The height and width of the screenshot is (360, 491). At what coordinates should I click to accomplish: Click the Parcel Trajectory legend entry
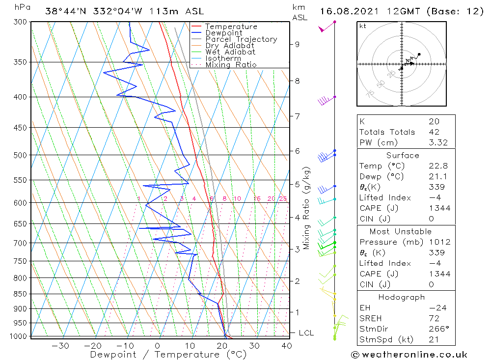(x=241, y=39)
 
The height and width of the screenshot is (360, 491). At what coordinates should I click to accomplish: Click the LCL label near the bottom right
(x=306, y=333)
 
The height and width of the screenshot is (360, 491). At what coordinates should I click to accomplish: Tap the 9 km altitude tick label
(x=297, y=44)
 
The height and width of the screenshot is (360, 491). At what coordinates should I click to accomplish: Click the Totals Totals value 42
(x=434, y=132)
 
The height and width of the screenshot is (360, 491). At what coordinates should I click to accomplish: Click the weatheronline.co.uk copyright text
(x=409, y=355)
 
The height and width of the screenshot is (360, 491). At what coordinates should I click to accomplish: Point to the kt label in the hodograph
(x=362, y=26)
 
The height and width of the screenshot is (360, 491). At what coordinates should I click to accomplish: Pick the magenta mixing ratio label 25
(x=283, y=199)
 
